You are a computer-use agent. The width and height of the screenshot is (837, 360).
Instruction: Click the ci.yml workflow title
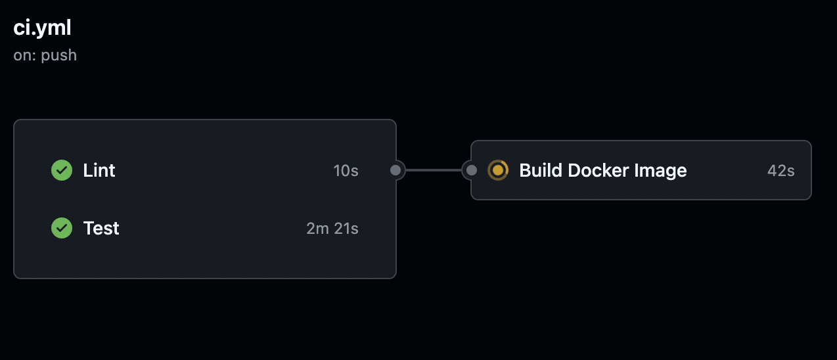42,28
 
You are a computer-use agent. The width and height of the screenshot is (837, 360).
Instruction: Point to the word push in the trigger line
59,55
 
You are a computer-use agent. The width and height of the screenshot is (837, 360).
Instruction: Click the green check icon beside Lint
62,170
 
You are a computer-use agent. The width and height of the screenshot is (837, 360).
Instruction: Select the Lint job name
99,170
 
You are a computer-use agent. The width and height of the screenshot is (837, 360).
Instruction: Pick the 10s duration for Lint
346,171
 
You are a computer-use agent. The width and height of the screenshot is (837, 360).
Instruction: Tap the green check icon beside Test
62,228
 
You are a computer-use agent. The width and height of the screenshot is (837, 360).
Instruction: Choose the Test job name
101,228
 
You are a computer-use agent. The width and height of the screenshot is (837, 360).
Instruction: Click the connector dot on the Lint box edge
396,170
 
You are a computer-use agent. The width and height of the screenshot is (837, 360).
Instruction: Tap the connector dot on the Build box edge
471,170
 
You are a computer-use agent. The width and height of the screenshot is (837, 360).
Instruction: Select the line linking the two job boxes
434,170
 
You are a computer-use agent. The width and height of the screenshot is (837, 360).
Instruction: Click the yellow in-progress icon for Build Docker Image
498,170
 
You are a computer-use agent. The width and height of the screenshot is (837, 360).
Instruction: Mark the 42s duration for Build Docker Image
780,171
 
